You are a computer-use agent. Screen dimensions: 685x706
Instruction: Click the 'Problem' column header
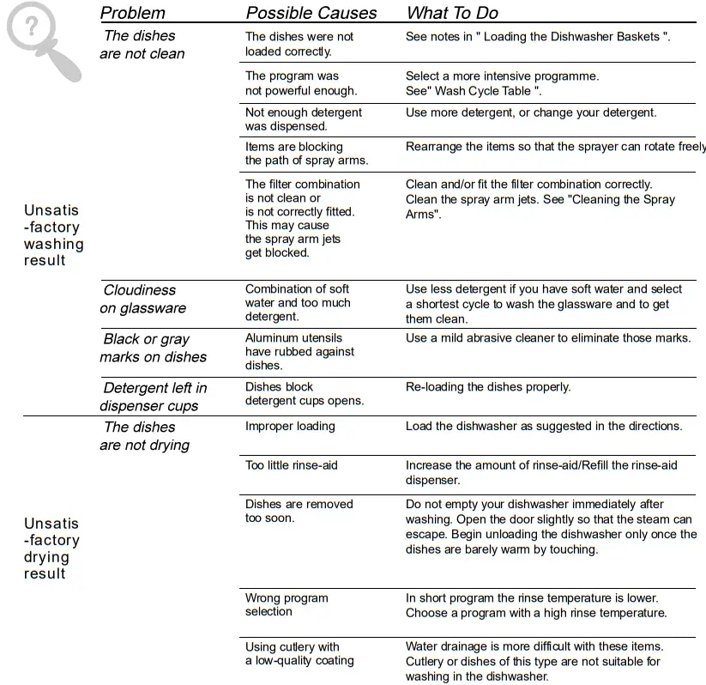[x=132, y=13]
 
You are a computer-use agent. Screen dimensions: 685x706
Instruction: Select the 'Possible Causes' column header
[x=311, y=13]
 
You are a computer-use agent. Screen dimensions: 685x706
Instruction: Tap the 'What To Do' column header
[x=452, y=13]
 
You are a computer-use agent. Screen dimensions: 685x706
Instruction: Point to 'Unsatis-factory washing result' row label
[x=53, y=235]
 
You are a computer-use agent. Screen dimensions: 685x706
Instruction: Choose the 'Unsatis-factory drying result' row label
[x=51, y=548]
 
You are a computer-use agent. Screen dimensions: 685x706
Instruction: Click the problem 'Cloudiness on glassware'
[x=142, y=299]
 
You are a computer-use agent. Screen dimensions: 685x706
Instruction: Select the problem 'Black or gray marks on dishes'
[x=153, y=348]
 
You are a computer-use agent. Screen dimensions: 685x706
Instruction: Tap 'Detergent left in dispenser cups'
[x=153, y=397]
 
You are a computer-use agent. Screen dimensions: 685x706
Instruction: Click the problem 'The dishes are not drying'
[x=144, y=436]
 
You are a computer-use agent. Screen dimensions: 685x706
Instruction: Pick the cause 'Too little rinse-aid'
[x=292, y=465]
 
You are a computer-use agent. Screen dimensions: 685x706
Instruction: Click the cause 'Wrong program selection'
[x=287, y=604]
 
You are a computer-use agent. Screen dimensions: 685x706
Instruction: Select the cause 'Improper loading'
[x=290, y=426]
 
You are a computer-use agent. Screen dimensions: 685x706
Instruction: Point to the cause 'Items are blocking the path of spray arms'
[x=306, y=154]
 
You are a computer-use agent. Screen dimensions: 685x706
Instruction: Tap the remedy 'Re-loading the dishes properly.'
[x=487, y=387]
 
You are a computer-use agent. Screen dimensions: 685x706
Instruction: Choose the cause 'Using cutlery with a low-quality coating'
[x=299, y=653]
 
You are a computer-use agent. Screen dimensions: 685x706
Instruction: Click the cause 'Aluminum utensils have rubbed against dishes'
[x=299, y=351]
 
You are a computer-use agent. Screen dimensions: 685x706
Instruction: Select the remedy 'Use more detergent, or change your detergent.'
[x=530, y=112]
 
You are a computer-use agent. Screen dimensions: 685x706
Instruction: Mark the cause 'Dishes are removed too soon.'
[x=299, y=511]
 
